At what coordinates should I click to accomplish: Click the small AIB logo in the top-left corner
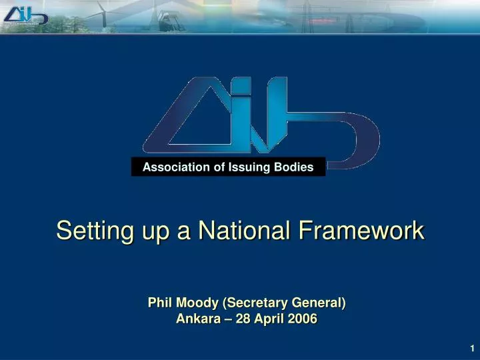click(x=25, y=14)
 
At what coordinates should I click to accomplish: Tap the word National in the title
click(x=243, y=231)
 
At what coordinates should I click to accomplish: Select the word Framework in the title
click(x=361, y=231)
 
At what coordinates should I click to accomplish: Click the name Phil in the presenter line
click(x=159, y=303)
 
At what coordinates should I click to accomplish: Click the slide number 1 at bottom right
click(x=471, y=349)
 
